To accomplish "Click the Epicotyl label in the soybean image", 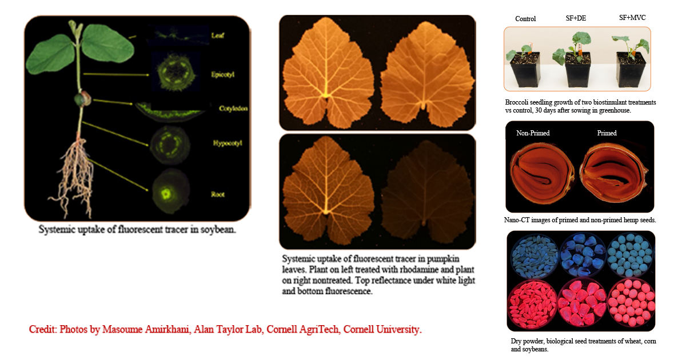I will pyautogui.click(x=224, y=74).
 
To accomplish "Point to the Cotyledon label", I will pyautogui.click(x=233, y=109).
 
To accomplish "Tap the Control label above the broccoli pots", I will pyautogui.click(x=525, y=19).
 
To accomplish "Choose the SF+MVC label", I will pyautogui.click(x=632, y=18).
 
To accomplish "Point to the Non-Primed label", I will pyautogui.click(x=533, y=133).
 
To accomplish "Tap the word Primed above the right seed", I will pyautogui.click(x=607, y=133).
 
